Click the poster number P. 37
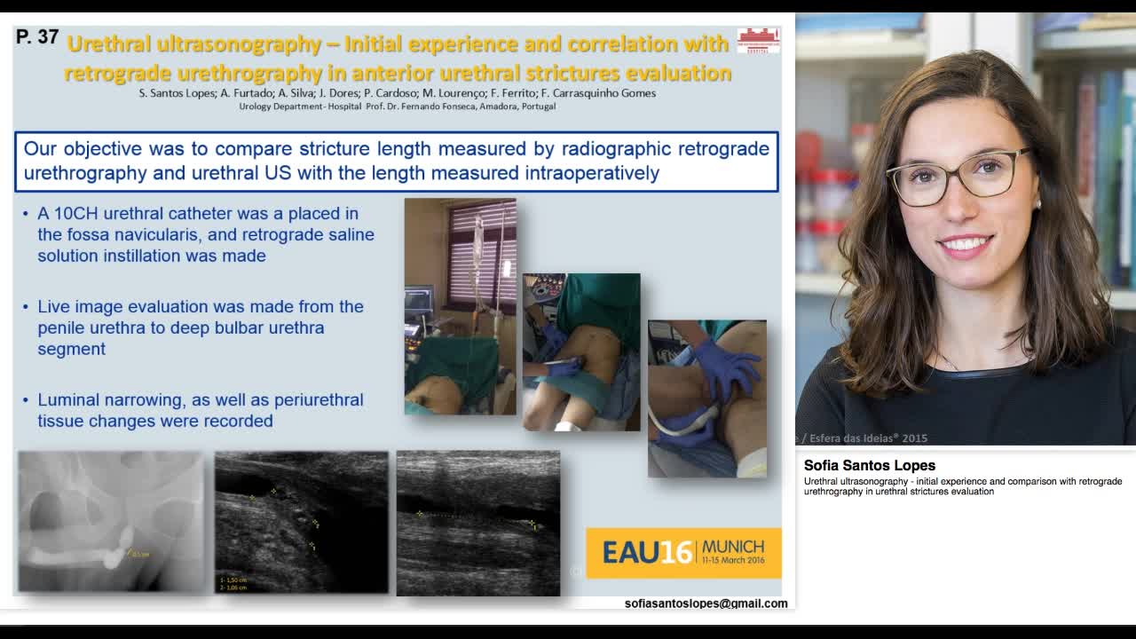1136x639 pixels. (x=37, y=37)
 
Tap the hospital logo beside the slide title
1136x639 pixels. (x=758, y=40)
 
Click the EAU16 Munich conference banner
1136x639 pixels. (x=683, y=553)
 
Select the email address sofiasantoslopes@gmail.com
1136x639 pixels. (x=706, y=603)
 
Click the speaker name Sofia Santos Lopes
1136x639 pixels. (x=869, y=465)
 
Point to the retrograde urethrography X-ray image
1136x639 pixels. (x=111, y=522)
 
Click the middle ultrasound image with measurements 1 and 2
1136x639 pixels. (x=301, y=522)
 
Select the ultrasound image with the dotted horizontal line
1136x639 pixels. (x=477, y=523)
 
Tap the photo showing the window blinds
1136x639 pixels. (x=460, y=306)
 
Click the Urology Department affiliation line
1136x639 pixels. (x=397, y=106)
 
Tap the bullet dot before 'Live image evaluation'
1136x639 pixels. (x=27, y=307)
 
